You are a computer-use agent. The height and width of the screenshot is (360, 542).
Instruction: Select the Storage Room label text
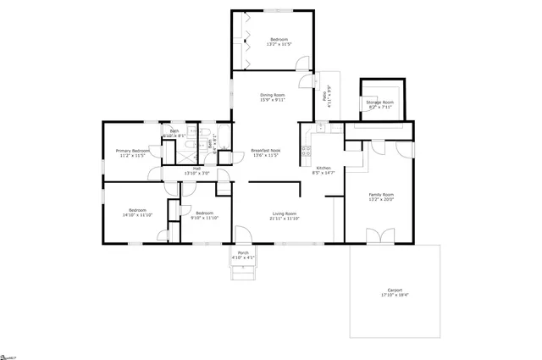click(x=379, y=102)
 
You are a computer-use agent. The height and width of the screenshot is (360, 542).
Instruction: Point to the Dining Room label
click(x=272, y=95)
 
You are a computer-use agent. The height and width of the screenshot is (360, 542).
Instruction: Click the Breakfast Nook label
click(x=266, y=150)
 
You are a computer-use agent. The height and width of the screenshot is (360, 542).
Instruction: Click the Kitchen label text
click(x=324, y=168)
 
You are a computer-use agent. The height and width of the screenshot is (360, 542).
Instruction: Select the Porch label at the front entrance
click(x=243, y=253)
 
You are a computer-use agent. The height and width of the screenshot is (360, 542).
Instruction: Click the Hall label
click(x=196, y=168)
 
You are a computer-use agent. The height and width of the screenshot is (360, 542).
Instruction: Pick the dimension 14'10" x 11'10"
click(x=138, y=215)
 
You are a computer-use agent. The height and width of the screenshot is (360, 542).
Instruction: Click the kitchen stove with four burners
click(x=305, y=152)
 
